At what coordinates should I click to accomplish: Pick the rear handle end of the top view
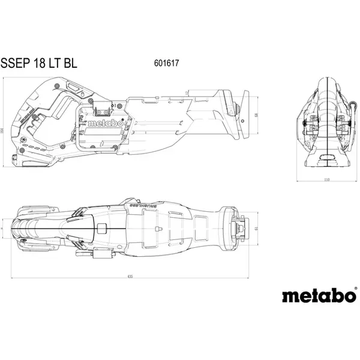pos(24,229)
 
